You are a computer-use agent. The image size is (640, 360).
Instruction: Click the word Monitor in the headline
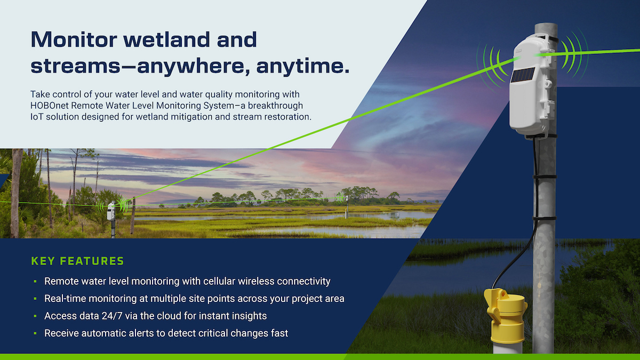point(74,39)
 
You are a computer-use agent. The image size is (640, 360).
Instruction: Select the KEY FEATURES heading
point(77,261)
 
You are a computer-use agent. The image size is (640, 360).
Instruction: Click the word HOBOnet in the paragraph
point(50,106)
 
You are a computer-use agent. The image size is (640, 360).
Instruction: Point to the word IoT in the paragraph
point(37,117)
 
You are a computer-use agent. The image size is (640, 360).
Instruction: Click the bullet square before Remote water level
point(35,281)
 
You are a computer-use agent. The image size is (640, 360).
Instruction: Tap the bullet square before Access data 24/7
point(35,316)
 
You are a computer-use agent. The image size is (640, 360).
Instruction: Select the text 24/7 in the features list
point(112,316)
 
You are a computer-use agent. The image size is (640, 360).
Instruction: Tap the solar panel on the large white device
point(523,75)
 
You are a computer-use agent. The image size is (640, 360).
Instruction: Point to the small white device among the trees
point(111,211)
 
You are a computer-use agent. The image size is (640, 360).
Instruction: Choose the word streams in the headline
point(75,66)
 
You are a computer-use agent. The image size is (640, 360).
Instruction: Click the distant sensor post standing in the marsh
point(347,206)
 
